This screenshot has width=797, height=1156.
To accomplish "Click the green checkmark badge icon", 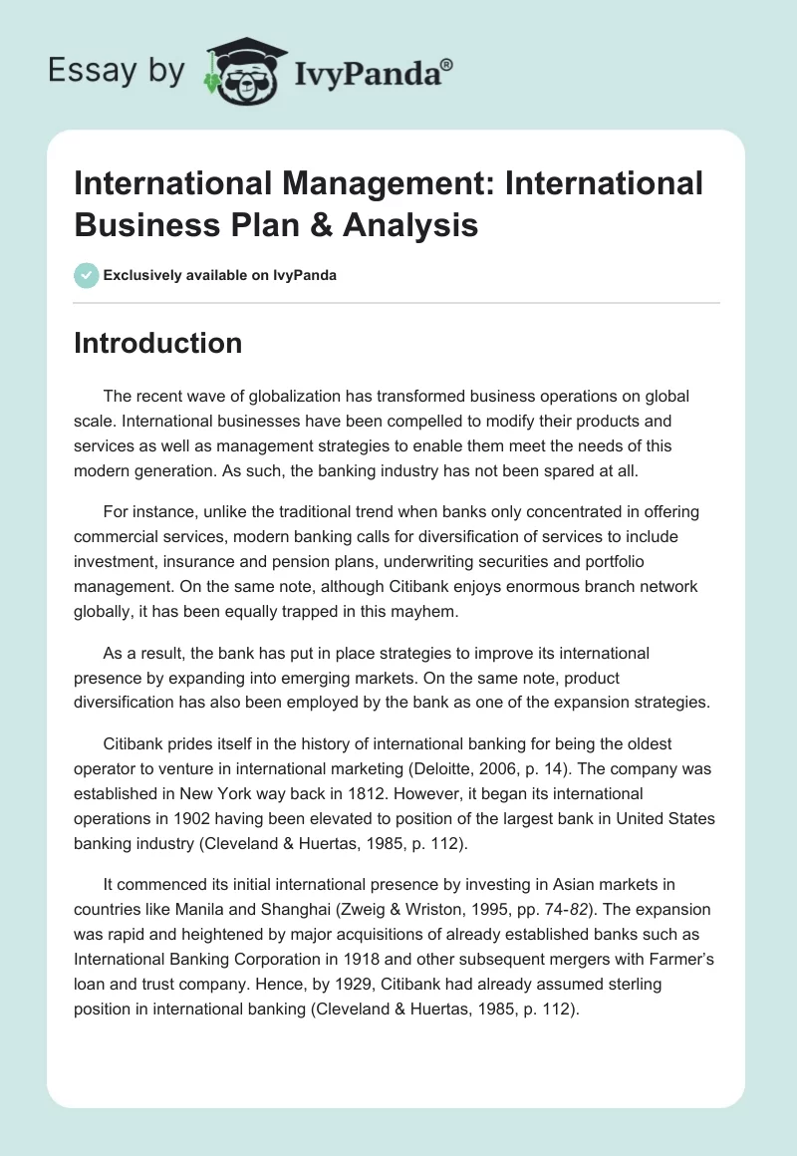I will [87, 275].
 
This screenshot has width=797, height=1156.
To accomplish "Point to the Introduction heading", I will [158, 343].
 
